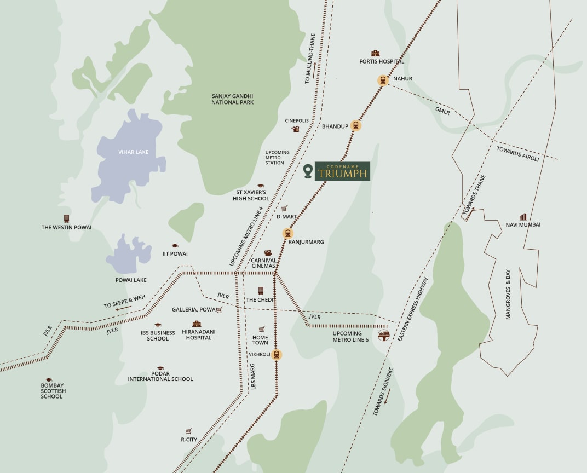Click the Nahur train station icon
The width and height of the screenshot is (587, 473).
click(x=382, y=80)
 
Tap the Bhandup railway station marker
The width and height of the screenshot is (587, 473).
click(x=356, y=126)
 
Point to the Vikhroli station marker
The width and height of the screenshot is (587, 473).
click(x=277, y=355)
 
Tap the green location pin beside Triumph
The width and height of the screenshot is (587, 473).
click(x=308, y=171)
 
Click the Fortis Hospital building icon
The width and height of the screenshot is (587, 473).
click(x=375, y=53)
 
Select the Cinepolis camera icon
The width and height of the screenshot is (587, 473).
click(x=296, y=129)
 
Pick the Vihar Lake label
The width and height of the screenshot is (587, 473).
click(x=133, y=152)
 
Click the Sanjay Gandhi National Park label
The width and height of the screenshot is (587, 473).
click(x=232, y=99)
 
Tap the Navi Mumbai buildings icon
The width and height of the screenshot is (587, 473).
click(x=523, y=217)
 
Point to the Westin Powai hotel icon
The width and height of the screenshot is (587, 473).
click(x=66, y=218)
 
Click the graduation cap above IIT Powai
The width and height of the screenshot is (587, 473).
click(x=175, y=246)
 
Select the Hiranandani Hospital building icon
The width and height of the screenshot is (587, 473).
click(x=197, y=324)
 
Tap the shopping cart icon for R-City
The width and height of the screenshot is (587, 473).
click(x=189, y=431)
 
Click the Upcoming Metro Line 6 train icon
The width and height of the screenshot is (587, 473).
click(x=384, y=335)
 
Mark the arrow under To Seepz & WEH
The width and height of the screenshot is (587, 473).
click(x=124, y=308)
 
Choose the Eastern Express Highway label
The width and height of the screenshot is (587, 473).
click(x=413, y=310)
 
